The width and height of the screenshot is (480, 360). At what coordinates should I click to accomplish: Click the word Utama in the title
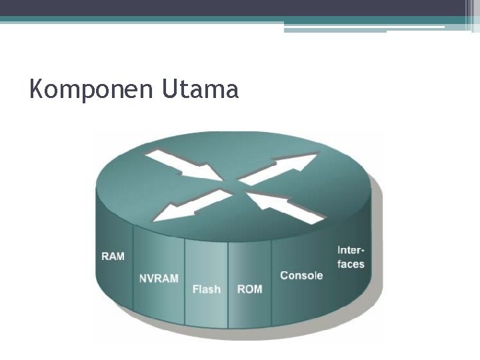point(199,89)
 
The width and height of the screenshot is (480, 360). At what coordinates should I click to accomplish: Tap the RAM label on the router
point(113,256)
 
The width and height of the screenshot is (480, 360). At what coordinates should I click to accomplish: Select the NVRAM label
point(159,278)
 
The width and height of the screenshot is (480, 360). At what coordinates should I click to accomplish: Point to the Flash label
point(206,289)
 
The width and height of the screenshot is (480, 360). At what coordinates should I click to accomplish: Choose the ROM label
point(249,289)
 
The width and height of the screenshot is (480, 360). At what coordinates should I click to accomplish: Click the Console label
point(301,275)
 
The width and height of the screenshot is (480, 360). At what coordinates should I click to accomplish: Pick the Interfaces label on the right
point(351,257)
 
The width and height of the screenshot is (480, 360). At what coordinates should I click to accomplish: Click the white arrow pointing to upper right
point(280,167)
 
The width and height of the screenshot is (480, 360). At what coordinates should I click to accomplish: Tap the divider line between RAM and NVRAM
point(133,273)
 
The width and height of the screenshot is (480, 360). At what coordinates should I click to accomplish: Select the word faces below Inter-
point(351,264)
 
